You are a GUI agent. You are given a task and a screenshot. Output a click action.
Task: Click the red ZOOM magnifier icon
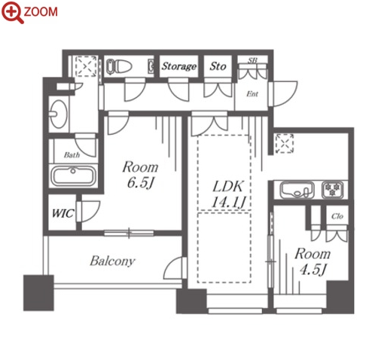coord(13,12)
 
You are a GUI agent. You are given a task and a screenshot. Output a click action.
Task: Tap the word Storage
coord(178,66)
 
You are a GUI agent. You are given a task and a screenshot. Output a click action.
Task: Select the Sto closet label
coord(218,66)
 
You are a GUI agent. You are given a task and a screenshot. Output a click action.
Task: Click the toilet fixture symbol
coord(119,67)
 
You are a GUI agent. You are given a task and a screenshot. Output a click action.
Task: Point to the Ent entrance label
coord(252,94)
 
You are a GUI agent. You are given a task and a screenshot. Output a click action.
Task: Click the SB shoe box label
coord(252,60)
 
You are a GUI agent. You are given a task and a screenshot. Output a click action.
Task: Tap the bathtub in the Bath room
coord(73,175)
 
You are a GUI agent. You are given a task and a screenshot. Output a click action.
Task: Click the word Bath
coord(72,155)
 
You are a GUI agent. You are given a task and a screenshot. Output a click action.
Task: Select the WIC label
coord(62,213)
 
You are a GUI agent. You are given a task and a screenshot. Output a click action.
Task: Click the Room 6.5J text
coord(140,175)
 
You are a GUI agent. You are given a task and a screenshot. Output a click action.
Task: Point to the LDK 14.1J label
coord(228,194)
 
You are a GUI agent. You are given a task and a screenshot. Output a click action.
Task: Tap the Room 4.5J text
coord(312,261)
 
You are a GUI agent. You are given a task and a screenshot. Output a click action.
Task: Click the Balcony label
coord(112,261)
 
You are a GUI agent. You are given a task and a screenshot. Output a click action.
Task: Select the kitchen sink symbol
coord(297,190)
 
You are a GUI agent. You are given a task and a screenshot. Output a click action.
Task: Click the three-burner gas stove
coord(332,189)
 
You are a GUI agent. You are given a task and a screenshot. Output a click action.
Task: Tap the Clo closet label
coord(337,216)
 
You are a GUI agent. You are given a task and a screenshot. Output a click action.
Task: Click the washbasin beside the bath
coord(59,114)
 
